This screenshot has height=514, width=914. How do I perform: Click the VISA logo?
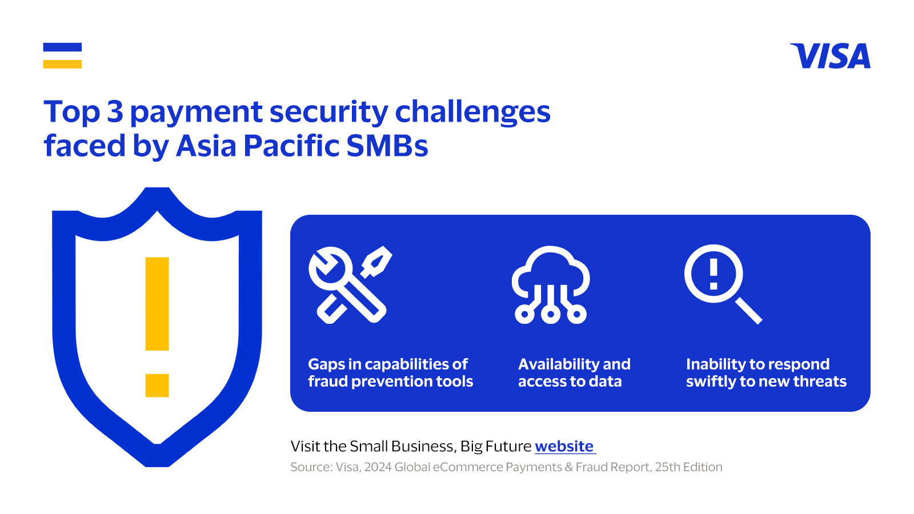tap(831, 56)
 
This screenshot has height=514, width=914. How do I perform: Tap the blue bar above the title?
tap(62, 47)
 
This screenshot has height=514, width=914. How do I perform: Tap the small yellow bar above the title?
tap(62, 64)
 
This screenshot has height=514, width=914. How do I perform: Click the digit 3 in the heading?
tap(115, 111)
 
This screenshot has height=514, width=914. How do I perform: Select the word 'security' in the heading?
tap(329, 113)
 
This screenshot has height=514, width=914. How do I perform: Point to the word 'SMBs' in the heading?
tap(387, 146)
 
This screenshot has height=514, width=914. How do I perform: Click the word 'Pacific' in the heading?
tap(291, 146)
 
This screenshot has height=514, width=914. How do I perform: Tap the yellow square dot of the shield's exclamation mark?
tap(157, 385)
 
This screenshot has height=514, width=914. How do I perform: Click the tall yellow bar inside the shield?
tap(157, 304)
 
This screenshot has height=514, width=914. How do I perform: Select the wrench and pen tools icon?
tap(350, 285)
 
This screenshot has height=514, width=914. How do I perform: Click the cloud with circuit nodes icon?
tap(551, 285)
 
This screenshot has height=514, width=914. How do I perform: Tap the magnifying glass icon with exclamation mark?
tap(723, 284)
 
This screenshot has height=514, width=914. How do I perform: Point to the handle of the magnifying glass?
tap(749, 311)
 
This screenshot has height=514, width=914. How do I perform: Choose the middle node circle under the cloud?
tap(551, 314)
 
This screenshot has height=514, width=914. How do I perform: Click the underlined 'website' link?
tap(564, 446)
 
